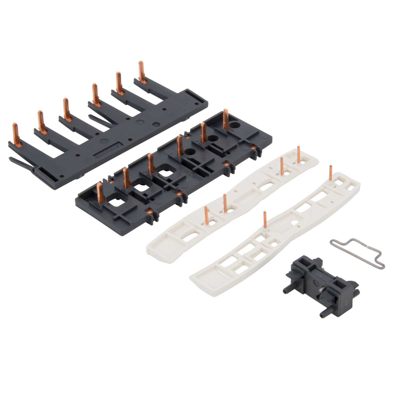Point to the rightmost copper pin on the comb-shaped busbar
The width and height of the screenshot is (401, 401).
pos(141,72)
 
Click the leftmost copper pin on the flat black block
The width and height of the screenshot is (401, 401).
pos(99,191)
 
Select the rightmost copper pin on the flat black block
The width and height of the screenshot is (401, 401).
pos(225,119)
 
